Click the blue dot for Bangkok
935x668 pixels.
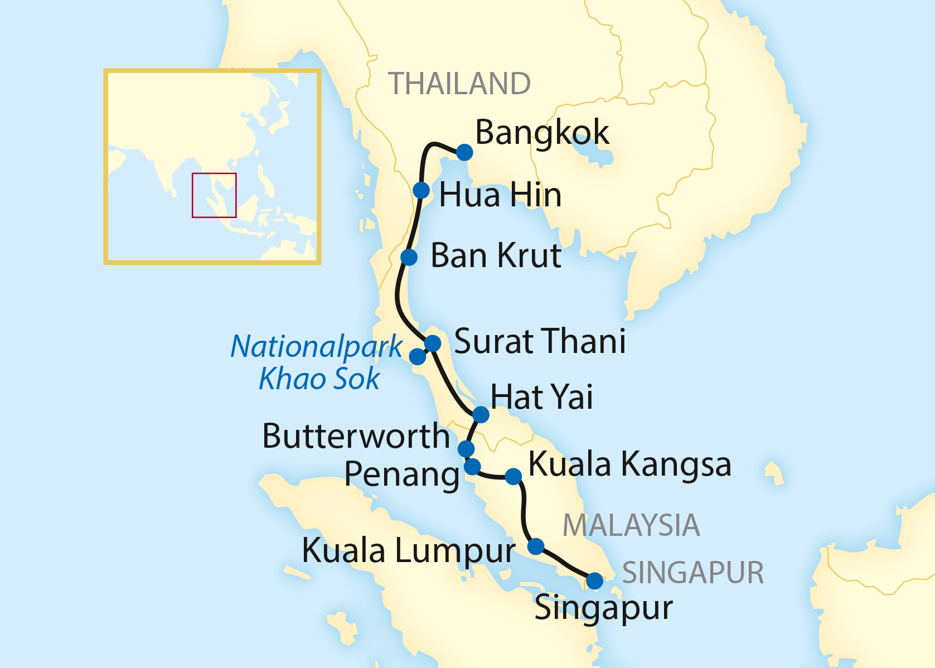coord(464,152)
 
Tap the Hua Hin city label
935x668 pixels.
coord(500,195)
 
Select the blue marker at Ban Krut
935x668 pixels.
coord(409,257)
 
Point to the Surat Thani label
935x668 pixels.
coord(540,341)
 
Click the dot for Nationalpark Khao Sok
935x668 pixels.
coord(418,356)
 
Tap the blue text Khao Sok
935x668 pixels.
coord(319,379)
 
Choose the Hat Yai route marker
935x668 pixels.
coord(481,415)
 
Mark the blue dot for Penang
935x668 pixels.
coord(472,466)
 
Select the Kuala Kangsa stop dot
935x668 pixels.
coord(513,476)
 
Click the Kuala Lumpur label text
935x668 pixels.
coord(408,551)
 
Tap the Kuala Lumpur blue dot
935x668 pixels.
coord(536,546)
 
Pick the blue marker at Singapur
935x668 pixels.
coord(595,581)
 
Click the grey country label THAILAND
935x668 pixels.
coord(459,84)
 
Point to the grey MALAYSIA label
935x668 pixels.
coord(631,525)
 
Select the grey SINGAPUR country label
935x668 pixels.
coord(693,573)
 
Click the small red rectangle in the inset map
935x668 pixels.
coord(214,195)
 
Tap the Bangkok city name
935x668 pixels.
coord(542,133)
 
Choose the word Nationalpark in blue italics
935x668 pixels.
coord(316,346)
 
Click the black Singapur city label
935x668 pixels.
coord(603,608)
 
